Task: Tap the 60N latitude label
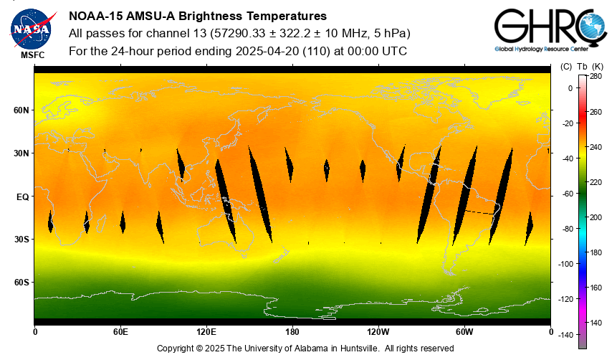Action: [21, 110]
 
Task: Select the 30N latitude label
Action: [21, 153]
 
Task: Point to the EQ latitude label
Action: [22, 196]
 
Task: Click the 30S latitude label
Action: [21, 240]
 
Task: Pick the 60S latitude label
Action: [21, 283]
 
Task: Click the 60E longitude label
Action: [120, 332]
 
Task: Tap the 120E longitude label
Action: [206, 332]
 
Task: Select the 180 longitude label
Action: [292, 332]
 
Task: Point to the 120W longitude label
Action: [378, 332]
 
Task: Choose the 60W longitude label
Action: [464, 332]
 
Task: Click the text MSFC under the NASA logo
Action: [32, 55]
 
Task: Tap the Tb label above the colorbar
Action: [583, 67]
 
